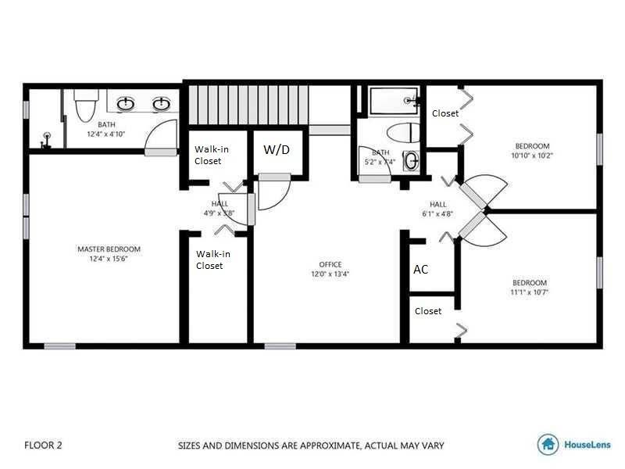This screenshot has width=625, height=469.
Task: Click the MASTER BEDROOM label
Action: (x=109, y=249)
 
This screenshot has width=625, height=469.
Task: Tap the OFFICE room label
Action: (x=330, y=264)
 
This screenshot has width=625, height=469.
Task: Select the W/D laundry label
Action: (x=277, y=149)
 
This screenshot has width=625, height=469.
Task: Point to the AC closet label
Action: (x=420, y=270)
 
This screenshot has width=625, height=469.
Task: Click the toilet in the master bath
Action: (x=86, y=106)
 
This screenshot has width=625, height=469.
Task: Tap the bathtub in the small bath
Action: (x=394, y=101)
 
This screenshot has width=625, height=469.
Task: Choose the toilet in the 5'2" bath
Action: (x=403, y=133)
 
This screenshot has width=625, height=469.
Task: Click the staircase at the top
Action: (x=248, y=105)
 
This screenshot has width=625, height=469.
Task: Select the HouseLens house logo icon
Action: (x=548, y=444)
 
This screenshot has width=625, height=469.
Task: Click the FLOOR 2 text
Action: (x=43, y=445)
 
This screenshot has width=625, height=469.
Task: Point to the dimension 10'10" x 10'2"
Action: (x=532, y=156)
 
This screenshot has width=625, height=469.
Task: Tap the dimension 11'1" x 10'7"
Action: (x=530, y=292)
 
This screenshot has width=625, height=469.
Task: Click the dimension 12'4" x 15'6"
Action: (x=109, y=259)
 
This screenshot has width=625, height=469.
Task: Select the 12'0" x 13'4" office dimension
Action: (x=330, y=274)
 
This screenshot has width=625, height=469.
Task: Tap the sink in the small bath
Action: (x=411, y=161)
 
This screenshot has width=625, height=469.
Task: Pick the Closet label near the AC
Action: (x=428, y=311)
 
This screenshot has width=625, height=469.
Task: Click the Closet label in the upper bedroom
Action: (x=445, y=113)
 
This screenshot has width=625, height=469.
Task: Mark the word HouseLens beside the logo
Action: (x=587, y=444)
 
